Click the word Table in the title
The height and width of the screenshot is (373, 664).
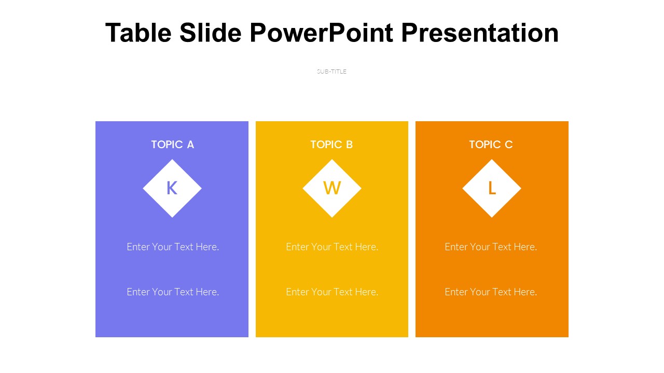tap(139, 33)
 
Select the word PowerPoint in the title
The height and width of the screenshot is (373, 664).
tap(321, 33)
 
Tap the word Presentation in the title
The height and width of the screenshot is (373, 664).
tap(480, 33)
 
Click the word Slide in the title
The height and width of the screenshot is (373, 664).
tap(211, 33)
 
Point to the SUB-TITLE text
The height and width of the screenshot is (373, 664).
tap(331, 71)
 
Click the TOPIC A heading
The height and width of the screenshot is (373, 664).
tap(173, 145)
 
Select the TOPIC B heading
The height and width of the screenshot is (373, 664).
tap(331, 145)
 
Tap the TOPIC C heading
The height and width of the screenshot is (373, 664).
tap(491, 145)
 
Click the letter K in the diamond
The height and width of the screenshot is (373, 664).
tap(172, 188)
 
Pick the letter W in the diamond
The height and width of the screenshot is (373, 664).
tap(332, 188)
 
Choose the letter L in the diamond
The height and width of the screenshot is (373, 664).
tap(492, 188)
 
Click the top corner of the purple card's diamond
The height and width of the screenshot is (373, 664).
tap(172, 160)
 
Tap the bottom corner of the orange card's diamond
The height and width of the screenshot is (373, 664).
tap(492, 218)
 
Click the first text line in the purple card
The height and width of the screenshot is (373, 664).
tap(173, 247)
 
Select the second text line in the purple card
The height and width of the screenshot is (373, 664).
tap(173, 292)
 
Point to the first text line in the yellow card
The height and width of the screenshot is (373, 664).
tap(332, 247)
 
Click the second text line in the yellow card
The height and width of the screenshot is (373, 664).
tap(332, 292)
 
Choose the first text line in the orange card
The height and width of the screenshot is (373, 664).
tap(491, 247)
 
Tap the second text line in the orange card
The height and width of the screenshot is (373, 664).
tap(491, 292)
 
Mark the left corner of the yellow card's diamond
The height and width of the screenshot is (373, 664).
tap(302, 188)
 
